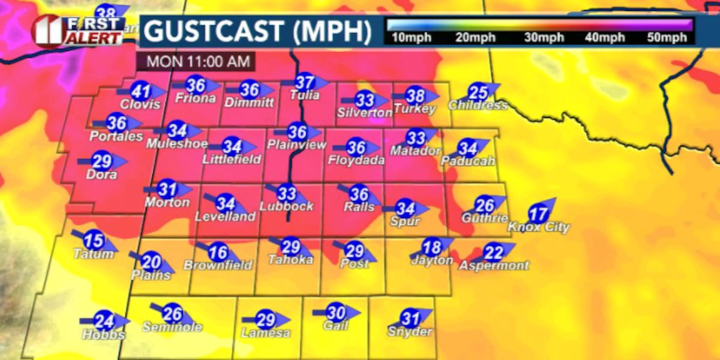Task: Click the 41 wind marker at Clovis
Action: pyautogui.click(x=141, y=92)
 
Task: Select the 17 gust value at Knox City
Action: pyautogui.click(x=538, y=214)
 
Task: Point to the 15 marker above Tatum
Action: pyautogui.click(x=94, y=241)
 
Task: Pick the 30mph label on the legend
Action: pyautogui.click(x=544, y=38)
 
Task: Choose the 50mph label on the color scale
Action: pyautogui.click(x=667, y=38)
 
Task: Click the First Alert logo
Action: pyautogui.click(x=78, y=30)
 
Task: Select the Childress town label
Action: pyautogui.click(x=478, y=106)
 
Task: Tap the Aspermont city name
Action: pyautogui.click(x=494, y=265)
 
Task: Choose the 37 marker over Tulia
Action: pyautogui.click(x=305, y=82)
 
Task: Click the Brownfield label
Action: pyautogui.click(x=218, y=265)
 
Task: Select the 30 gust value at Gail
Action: pyautogui.click(x=337, y=313)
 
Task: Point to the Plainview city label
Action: pyautogui.click(x=297, y=145)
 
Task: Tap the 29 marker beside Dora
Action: pyautogui.click(x=102, y=161)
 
